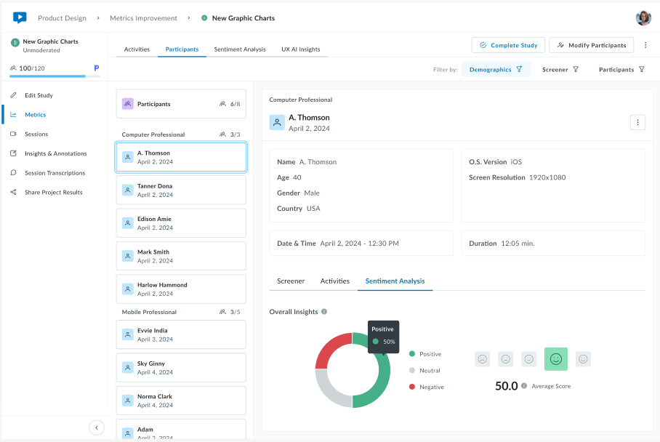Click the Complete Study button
pyautogui.click(x=508, y=45)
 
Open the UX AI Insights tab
pyautogui.click(x=300, y=49)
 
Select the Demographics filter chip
pyautogui.click(x=496, y=70)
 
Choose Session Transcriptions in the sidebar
pyautogui.click(x=55, y=173)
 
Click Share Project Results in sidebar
pyautogui.click(x=53, y=193)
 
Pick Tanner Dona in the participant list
pyautogui.click(x=181, y=190)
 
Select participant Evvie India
pyautogui.click(x=181, y=334)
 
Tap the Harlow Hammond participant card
pyautogui.click(x=181, y=289)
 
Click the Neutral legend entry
pyautogui.click(x=429, y=371)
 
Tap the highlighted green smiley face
pyautogui.click(x=556, y=359)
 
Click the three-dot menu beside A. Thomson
pyautogui.click(x=637, y=122)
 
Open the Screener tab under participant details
pyautogui.click(x=291, y=281)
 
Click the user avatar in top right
pyautogui.click(x=643, y=18)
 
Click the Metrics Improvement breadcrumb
pyautogui.click(x=143, y=18)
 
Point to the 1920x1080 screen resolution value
pyautogui.click(x=548, y=177)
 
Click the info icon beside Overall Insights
pyautogui.click(x=324, y=311)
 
